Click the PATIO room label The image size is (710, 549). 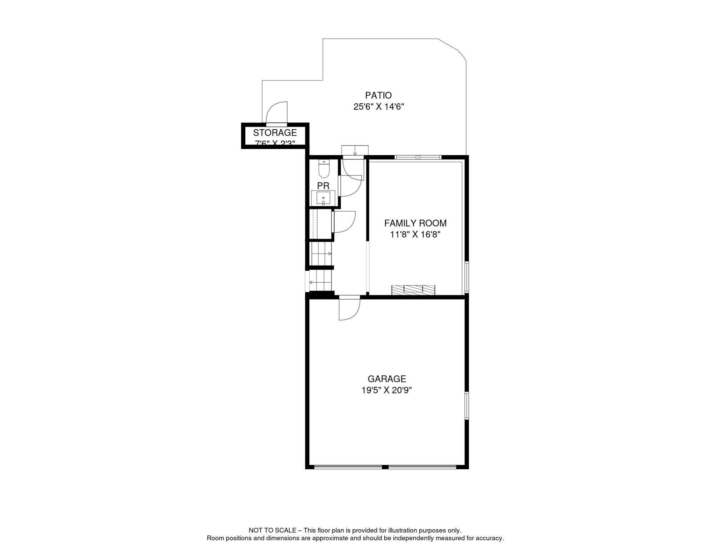378,95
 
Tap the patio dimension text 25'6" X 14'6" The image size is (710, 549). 379,107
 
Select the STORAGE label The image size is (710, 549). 275,133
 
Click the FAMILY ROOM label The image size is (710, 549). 415,223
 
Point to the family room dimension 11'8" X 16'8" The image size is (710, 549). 415,234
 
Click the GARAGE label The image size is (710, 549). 386,379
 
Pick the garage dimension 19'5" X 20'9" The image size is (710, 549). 386,390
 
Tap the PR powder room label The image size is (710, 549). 323,186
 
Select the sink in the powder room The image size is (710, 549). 323,198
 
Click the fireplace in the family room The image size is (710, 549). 413,290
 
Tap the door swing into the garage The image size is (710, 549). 349,309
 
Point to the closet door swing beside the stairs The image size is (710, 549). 344,222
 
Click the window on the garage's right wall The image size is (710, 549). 466,405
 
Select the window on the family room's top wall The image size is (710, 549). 417,157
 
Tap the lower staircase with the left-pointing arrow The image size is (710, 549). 320,281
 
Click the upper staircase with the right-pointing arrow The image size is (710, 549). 321,254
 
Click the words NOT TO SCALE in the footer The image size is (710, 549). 272,530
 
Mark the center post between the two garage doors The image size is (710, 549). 385,467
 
